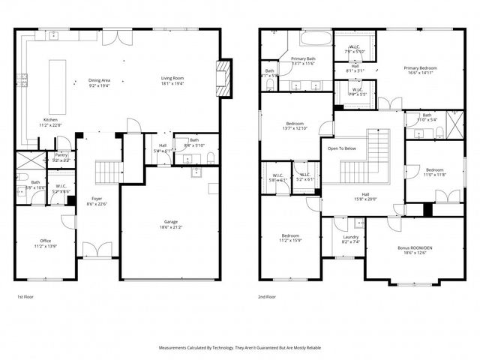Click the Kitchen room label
click(x=49, y=120)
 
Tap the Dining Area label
click(x=100, y=79)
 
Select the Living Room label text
click(x=172, y=78)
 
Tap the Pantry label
click(x=61, y=155)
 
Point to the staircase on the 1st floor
click(x=109, y=171)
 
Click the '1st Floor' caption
click(x=25, y=297)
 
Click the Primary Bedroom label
click(x=420, y=68)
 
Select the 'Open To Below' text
click(x=341, y=148)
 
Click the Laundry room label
click(x=340, y=237)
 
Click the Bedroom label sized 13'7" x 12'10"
click(x=295, y=124)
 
